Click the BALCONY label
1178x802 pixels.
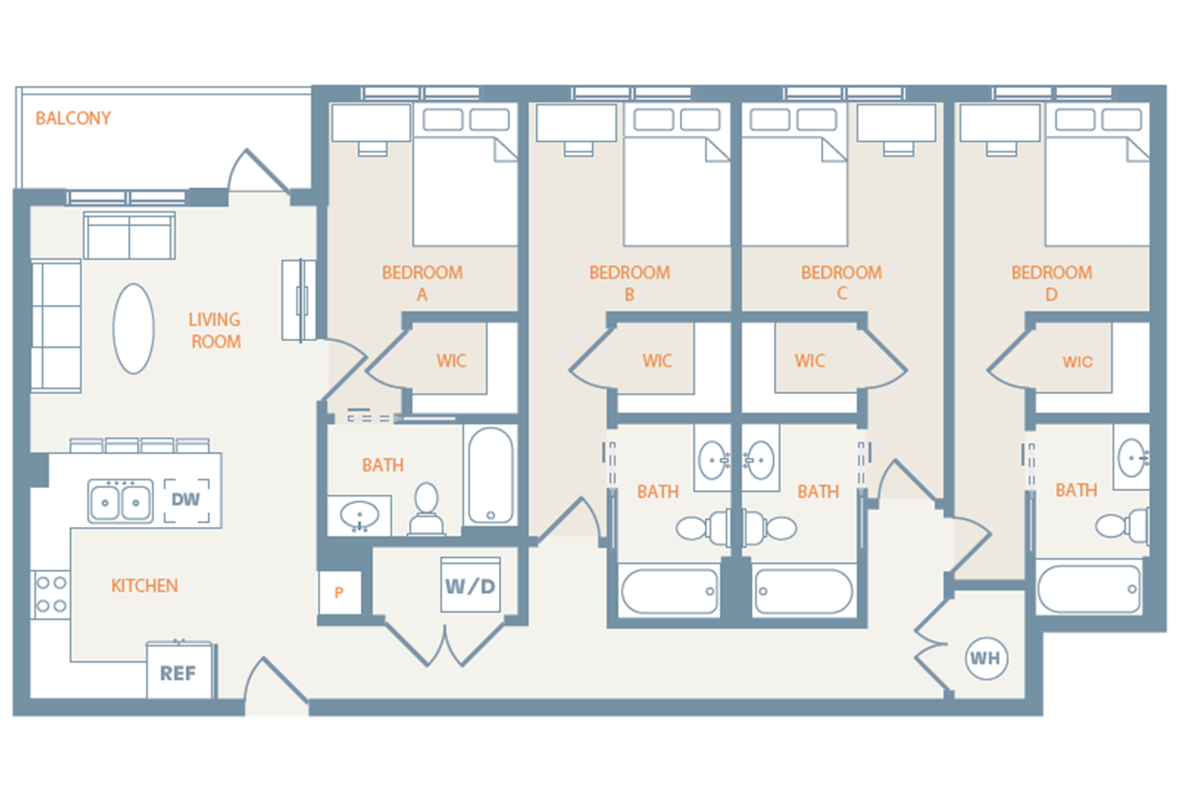tap(73, 118)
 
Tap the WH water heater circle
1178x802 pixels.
tap(985, 658)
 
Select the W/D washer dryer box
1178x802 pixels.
tap(470, 585)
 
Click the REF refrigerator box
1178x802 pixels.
tap(178, 672)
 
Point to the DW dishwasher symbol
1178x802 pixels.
tap(186, 500)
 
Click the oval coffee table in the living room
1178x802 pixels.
tap(133, 329)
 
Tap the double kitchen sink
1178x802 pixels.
tap(120, 501)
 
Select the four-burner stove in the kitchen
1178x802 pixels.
tap(51, 594)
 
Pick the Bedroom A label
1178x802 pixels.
tap(422, 283)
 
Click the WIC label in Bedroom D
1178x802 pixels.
tap(1077, 362)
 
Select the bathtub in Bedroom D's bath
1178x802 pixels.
tap(1089, 589)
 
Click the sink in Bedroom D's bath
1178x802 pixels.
tap(1133, 458)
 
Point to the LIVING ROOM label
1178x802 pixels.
tap(215, 331)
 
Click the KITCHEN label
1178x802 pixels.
tap(144, 585)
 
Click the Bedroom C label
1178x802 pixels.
tap(841, 283)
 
